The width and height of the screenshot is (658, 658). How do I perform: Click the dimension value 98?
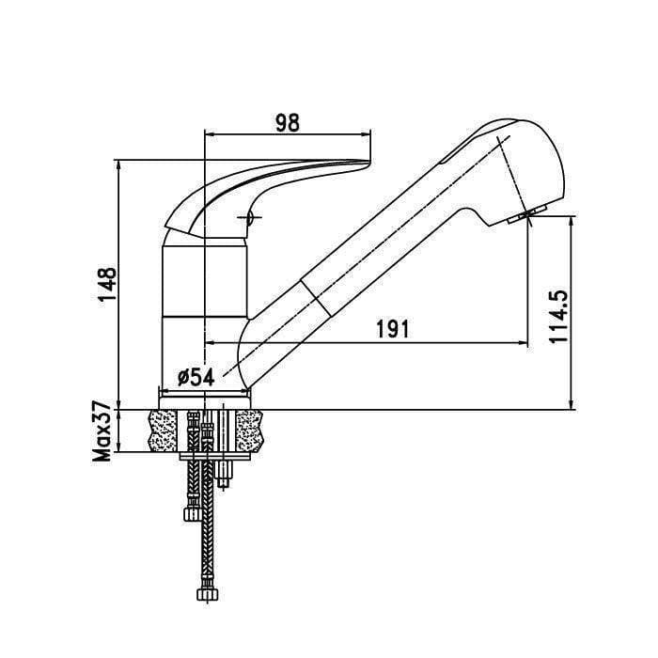click(288, 123)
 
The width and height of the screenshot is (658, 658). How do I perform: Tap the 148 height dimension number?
click(107, 284)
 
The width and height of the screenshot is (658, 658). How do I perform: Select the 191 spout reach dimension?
click(392, 329)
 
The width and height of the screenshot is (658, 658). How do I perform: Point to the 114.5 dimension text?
click(559, 316)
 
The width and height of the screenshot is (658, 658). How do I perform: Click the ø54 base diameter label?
click(196, 377)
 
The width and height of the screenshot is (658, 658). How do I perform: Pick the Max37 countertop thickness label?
click(102, 431)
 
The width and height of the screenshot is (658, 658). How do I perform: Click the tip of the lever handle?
click(369, 163)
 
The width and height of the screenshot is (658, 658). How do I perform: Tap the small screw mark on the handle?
click(249, 217)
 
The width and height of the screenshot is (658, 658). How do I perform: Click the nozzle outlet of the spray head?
click(526, 215)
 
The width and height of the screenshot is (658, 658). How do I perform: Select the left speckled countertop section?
click(164, 431)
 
